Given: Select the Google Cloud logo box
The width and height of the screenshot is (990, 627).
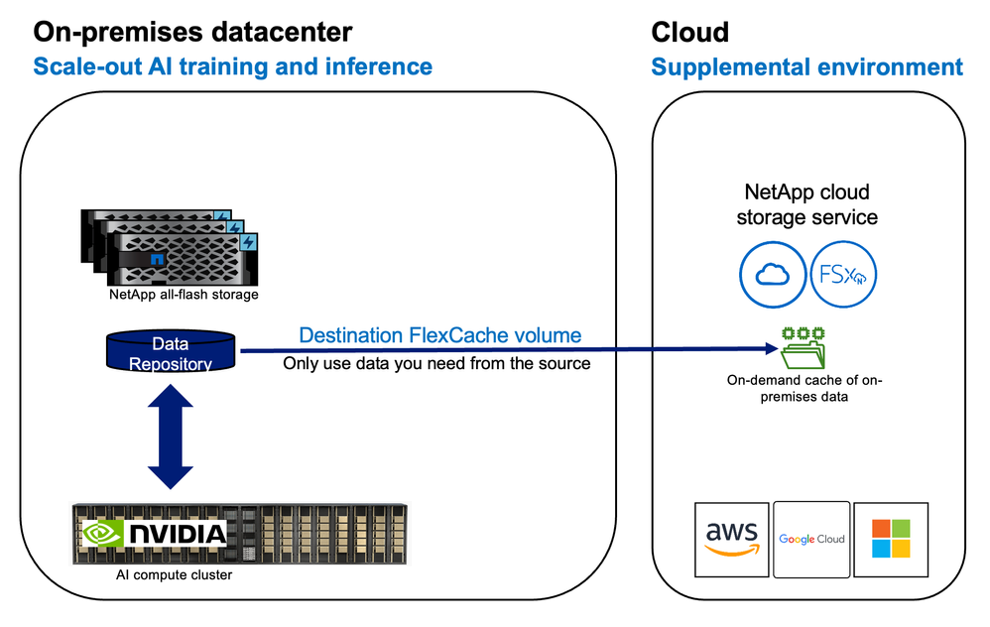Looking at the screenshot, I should (x=810, y=539).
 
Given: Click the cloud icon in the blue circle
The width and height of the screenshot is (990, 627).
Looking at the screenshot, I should (x=770, y=276).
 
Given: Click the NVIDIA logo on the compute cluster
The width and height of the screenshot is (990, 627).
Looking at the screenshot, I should (x=153, y=534).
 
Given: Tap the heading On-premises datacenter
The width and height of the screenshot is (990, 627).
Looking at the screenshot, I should (x=192, y=32).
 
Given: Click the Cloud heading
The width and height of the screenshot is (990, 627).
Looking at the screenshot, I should (x=689, y=32).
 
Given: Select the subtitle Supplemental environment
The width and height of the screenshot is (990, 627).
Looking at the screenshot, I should (x=806, y=66).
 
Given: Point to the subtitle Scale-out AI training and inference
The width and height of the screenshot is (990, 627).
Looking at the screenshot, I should (x=232, y=66).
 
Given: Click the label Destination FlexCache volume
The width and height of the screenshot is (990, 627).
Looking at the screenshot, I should (x=439, y=335).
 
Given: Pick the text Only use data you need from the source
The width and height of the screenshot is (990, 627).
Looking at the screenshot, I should (x=436, y=363).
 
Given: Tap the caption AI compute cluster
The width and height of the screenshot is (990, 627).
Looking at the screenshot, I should (x=173, y=574).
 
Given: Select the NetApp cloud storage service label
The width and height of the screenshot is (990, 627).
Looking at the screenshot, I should (x=806, y=203).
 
